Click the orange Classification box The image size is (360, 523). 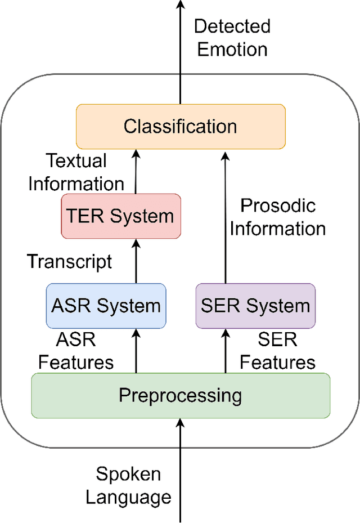coord(181,126)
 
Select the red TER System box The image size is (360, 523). coord(120,216)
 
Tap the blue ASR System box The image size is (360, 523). coord(106,306)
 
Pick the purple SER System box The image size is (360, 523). coord(255,306)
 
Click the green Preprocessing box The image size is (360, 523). coord(180,395)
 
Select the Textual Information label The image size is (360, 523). coord(76,172)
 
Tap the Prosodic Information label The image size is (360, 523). coord(278,217)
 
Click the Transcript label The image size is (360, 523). coord(70,261)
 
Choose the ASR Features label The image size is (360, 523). coord(76,351)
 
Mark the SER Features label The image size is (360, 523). coord(277,351)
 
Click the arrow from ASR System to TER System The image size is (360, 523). coord(136,261)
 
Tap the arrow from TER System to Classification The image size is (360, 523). coord(136,172)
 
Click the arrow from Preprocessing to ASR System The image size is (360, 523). coord(136,351)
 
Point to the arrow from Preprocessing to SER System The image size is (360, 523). coord(226,351)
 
